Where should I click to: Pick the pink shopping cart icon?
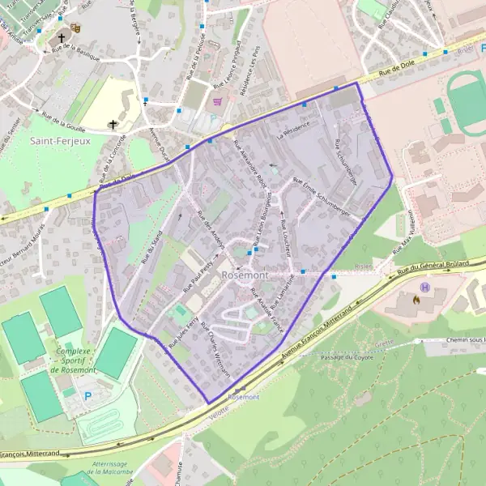click(x=217, y=102)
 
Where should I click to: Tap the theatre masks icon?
click(x=75, y=28)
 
